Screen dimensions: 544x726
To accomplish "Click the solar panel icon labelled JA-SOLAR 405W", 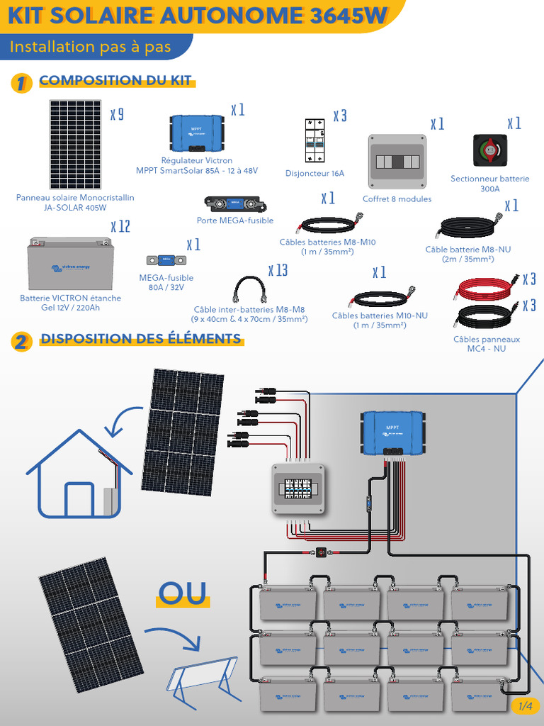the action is click(75, 145).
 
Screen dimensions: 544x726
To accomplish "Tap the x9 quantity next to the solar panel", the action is click(117, 114).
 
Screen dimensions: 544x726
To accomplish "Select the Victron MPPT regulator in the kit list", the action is click(197, 132).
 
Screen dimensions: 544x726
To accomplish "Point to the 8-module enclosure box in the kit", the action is click(397, 162).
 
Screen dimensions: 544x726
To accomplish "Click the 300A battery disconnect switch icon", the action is click(489, 150).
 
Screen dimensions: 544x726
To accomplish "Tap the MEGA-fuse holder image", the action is click(235, 205).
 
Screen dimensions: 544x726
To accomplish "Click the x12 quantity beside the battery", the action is click(120, 227).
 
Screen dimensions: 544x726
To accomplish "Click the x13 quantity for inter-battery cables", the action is click(278, 270).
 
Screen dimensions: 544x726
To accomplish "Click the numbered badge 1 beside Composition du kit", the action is click(21, 83).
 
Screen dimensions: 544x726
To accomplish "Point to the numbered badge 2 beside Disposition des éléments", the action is click(21, 342).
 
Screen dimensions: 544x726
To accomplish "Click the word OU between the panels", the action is click(182, 593).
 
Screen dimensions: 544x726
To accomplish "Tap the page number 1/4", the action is click(525, 705).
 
